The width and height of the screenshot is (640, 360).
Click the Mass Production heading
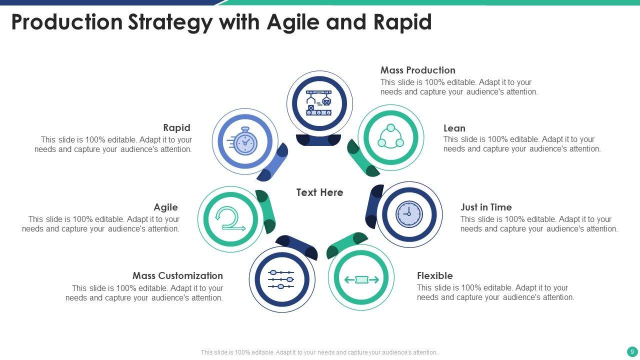pyautogui.click(x=417, y=70)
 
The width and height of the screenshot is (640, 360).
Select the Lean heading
pyautogui.click(x=454, y=128)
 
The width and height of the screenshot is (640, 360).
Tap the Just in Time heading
pyautogui.click(x=486, y=207)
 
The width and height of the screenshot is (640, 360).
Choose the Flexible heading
pyautogui.click(x=434, y=276)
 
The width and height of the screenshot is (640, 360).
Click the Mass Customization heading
pyautogui.click(x=177, y=276)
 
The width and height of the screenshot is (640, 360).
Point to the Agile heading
pyautogui.click(x=165, y=207)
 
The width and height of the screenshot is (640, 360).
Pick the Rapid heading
pyautogui.click(x=176, y=128)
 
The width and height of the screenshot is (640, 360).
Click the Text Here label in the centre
pyautogui.click(x=319, y=192)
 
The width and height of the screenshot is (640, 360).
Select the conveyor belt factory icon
pyautogui.click(x=319, y=103)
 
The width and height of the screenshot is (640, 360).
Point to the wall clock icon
pyautogui.click(x=409, y=214)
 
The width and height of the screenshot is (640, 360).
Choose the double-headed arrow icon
pyautogui.click(x=361, y=279)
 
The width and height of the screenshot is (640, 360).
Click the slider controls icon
pyautogui.click(x=281, y=279)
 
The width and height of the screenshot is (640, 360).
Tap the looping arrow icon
pyautogui.click(x=229, y=220)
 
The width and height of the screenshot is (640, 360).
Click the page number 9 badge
pyautogui.click(x=632, y=352)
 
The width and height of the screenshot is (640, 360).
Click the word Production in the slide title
pyautogui.click(x=67, y=22)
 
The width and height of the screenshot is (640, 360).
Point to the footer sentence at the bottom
pyautogui.click(x=319, y=352)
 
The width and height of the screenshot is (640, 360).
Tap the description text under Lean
pyautogui.click(x=521, y=144)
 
